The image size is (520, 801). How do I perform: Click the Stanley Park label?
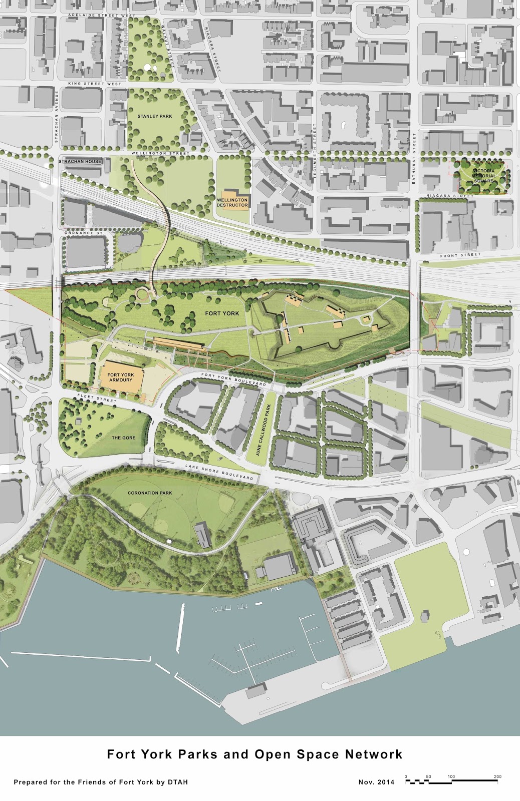point(154,116)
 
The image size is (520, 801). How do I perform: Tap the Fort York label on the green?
point(222,313)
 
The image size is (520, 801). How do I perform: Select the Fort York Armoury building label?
point(121,377)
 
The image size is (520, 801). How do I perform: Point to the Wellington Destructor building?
point(232,202)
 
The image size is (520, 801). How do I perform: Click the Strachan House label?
point(80,161)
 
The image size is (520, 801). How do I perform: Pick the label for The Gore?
point(123,438)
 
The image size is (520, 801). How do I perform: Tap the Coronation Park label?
point(150,493)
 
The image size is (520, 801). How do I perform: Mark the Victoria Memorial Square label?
point(483,176)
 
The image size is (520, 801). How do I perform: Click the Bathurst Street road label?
point(414,158)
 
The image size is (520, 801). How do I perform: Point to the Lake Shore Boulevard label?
point(219,472)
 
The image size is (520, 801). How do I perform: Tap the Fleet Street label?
point(97,398)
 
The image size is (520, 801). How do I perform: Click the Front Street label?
point(460,255)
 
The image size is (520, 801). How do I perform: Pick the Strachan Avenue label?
point(57,117)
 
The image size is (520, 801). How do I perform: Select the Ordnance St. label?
point(84,233)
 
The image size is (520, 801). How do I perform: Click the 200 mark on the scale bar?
point(497,776)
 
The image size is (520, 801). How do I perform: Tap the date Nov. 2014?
point(376,782)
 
